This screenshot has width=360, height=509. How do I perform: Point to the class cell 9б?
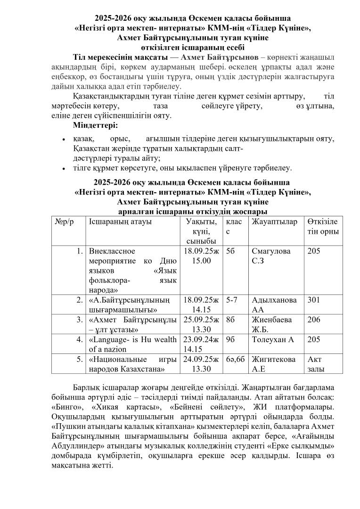(231, 339)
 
